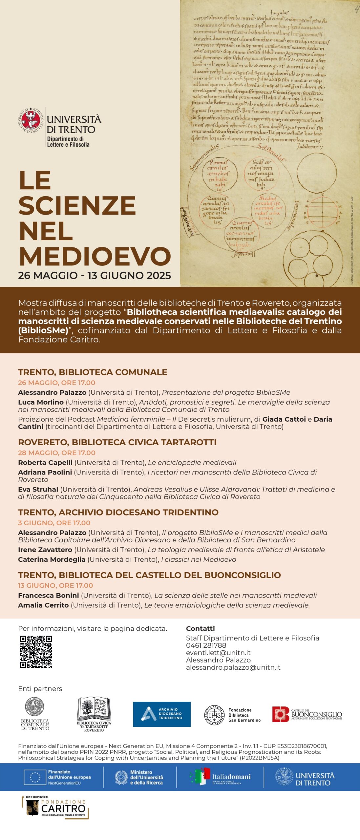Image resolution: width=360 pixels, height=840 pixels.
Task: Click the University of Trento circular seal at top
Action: pos(31,120)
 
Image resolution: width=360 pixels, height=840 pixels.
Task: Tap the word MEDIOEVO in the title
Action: pos(95,256)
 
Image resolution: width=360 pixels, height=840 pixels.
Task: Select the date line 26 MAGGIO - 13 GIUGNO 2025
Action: pos(95,275)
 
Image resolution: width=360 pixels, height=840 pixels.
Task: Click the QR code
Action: pos(36,652)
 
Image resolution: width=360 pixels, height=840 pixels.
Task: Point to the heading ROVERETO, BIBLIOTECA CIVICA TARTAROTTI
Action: pos(117,442)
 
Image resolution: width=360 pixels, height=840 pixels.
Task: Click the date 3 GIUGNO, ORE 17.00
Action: pos(54,523)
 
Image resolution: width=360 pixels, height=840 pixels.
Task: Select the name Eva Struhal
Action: pos(38,489)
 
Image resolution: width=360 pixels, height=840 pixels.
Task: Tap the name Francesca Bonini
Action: pos(49,595)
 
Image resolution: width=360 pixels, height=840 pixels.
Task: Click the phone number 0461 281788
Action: pos(206,645)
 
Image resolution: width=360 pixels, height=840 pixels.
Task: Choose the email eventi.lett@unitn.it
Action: pos(218,653)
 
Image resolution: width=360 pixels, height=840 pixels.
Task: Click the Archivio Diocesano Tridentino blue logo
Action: pos(162,714)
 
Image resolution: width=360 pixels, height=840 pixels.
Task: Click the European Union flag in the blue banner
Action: pos(35,777)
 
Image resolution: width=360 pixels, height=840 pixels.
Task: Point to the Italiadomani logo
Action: pos(221,777)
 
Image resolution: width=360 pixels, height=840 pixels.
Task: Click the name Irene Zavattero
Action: pos(45,550)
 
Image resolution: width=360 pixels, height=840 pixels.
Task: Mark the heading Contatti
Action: pos(200,628)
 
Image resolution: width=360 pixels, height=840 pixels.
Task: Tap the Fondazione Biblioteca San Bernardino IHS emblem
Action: pos(214,715)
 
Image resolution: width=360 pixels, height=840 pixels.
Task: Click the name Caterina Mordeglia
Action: pos(52,559)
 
